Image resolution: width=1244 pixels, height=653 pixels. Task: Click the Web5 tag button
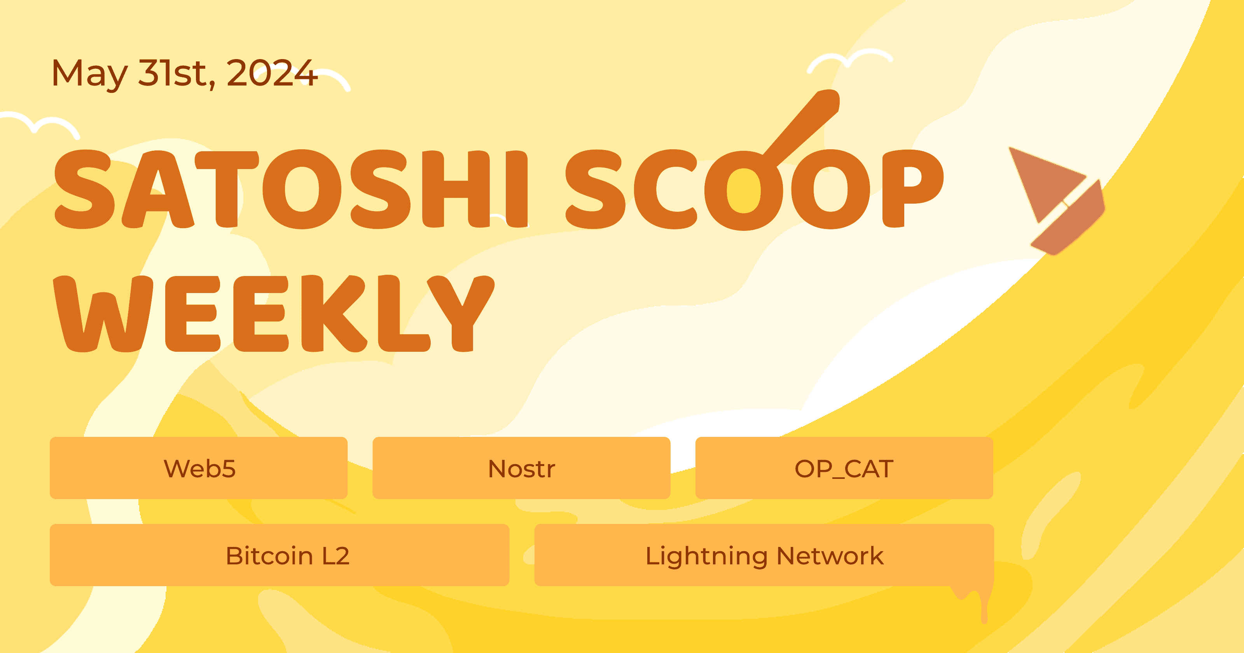pos(199,468)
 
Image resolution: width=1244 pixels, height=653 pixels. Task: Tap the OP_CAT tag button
pos(844,468)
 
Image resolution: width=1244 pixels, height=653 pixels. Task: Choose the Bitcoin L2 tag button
pos(279,555)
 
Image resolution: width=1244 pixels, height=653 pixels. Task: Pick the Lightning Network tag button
pos(764,555)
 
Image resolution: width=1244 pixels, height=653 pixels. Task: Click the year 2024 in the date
pos(271,73)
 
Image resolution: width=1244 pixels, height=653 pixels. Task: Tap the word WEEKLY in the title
pos(273,314)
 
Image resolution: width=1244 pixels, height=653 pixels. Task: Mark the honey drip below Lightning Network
pos(983,604)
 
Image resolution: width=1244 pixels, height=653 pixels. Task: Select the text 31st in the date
pos(176,73)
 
